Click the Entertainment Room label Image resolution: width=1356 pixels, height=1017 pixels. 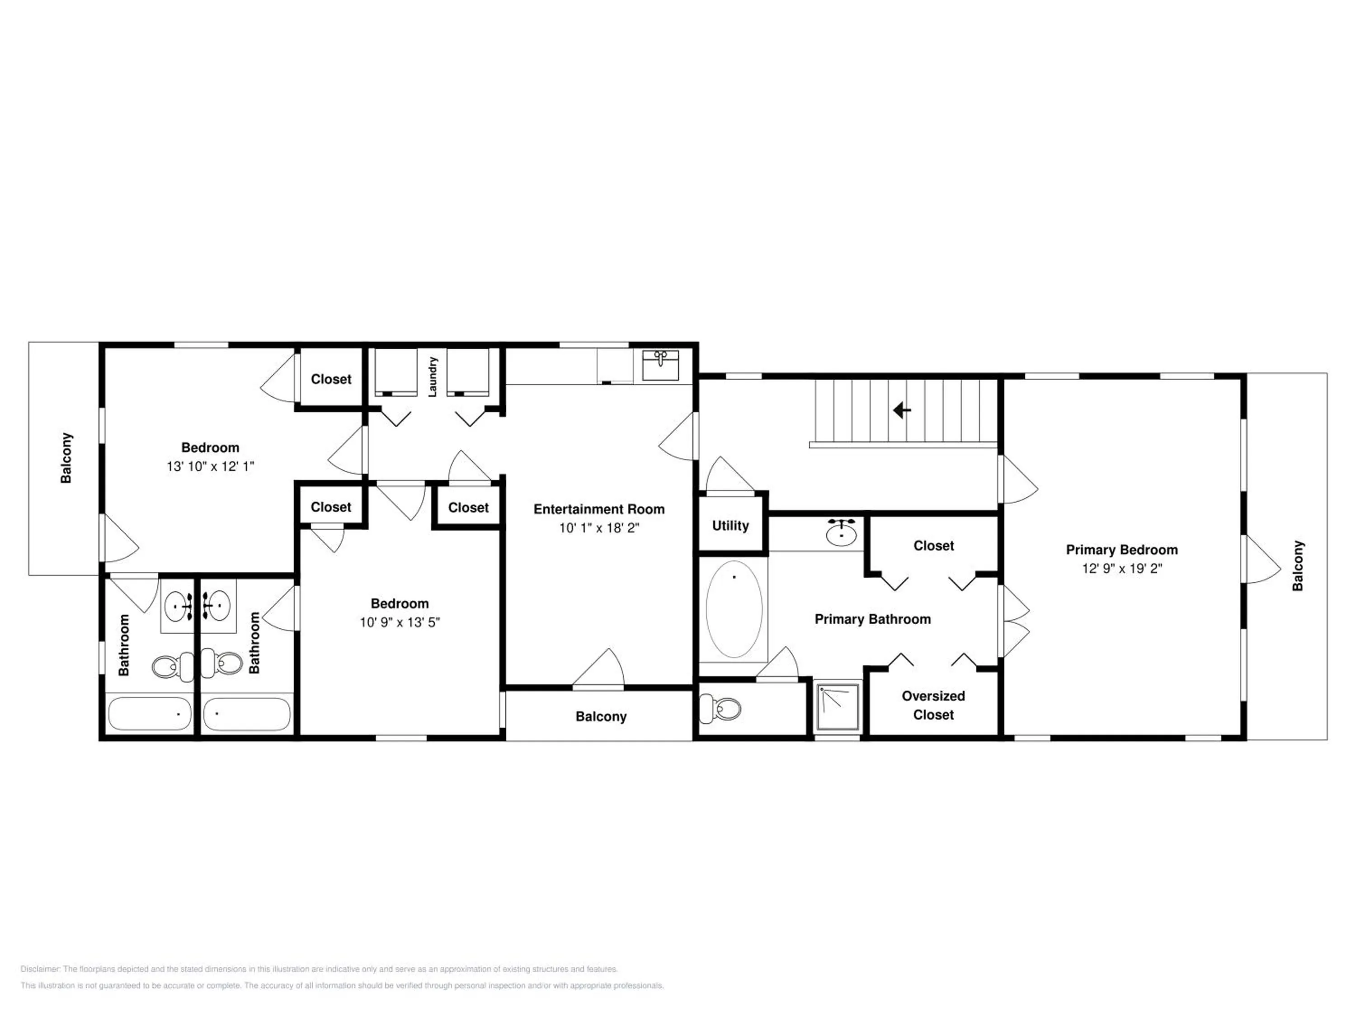tap(599, 509)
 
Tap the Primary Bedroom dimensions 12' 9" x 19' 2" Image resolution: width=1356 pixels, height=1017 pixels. tap(1122, 568)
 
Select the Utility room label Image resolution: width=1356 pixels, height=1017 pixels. tap(730, 525)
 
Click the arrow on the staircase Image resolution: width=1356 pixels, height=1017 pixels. tap(902, 410)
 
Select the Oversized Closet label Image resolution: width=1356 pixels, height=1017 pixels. tap(933, 705)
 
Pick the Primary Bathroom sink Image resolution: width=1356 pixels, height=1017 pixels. tap(842, 533)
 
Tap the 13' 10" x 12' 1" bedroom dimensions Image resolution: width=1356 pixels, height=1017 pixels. tap(210, 466)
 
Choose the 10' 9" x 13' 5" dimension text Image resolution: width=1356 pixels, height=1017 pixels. tap(400, 622)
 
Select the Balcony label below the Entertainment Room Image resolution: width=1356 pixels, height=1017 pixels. tap(601, 716)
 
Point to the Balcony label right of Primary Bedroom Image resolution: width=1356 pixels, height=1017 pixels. tap(1298, 565)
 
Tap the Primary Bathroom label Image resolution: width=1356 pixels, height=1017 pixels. tap(872, 620)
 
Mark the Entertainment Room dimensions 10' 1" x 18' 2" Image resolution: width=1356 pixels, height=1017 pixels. tap(599, 528)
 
